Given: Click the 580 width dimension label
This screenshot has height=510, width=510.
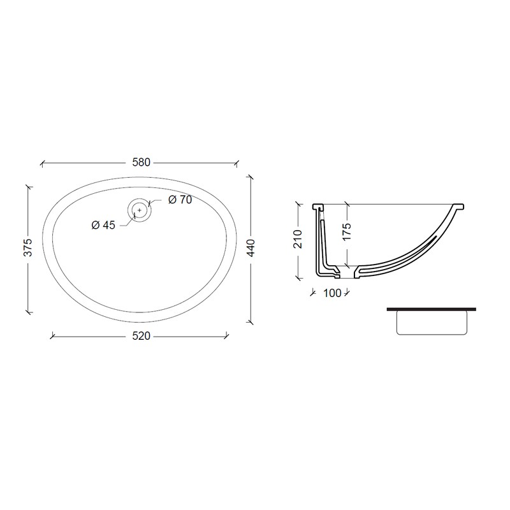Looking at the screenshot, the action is tap(141, 163).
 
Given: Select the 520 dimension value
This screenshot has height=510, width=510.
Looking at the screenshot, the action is tap(141, 336).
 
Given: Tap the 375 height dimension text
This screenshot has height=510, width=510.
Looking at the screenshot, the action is tap(28, 247).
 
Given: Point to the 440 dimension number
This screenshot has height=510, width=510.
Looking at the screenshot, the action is tap(251, 248).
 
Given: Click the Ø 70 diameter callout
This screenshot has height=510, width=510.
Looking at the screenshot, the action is tap(180, 200).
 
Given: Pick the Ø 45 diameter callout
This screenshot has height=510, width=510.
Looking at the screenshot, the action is tap(103, 225).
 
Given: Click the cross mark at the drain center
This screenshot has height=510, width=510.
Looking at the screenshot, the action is tap(140, 210).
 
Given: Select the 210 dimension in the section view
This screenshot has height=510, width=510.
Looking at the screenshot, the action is tap(298, 239).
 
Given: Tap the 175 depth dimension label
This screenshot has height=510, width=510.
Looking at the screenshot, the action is tap(347, 231).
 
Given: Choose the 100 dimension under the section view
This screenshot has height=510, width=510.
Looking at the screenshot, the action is tap(332, 293).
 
